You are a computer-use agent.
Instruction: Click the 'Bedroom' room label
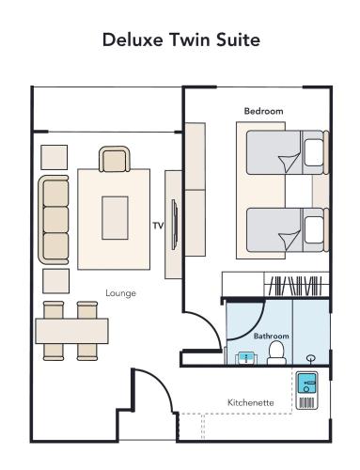263,111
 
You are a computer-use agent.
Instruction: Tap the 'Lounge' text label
120,293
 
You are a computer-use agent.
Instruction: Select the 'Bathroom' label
271,336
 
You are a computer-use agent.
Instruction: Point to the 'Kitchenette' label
251,402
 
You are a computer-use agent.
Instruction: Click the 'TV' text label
158,226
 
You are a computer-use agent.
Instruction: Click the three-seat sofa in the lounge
55,219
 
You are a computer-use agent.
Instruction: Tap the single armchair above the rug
114,161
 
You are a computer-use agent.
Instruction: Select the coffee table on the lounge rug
116,217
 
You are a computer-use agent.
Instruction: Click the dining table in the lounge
71,331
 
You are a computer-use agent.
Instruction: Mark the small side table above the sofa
55,156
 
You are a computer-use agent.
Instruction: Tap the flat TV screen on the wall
173,224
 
